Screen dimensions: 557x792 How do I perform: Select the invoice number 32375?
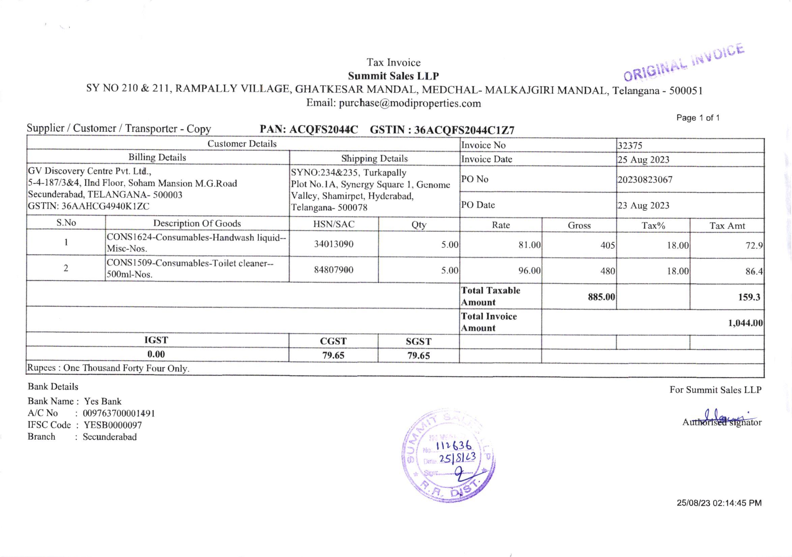(630, 146)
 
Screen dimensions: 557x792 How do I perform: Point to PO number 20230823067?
(645, 180)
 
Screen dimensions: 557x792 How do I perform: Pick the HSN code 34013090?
(334, 244)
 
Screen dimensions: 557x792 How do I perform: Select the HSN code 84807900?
(334, 270)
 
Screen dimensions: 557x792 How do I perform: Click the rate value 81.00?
(530, 245)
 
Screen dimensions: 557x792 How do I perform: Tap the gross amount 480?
(607, 271)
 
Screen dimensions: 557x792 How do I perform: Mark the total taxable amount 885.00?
(601, 297)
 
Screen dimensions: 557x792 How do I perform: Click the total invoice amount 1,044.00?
(745, 323)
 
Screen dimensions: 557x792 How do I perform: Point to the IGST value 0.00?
(156, 354)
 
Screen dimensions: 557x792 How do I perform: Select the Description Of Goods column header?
(197, 223)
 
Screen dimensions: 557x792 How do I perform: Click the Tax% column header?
(653, 226)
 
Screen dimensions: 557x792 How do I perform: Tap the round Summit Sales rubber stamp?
(448, 456)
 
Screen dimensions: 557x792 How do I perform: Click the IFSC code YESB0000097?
(113, 425)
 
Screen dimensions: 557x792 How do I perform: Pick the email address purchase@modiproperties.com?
(410, 103)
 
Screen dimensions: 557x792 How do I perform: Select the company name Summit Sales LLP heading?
(393, 76)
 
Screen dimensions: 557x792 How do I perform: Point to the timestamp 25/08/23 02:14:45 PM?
(719, 503)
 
